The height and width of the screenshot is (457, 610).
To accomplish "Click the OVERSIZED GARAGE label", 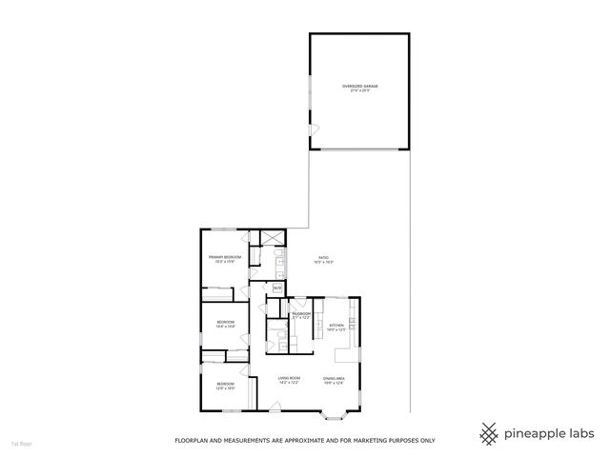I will (x=360, y=87).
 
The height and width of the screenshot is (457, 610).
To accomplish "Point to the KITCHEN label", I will (x=336, y=326).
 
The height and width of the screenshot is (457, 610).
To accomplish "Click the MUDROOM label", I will (x=302, y=313).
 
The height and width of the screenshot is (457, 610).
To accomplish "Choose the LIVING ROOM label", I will (x=290, y=378).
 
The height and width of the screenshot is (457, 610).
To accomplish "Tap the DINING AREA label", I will (x=333, y=378).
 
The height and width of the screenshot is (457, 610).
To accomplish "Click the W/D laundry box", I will (x=277, y=288).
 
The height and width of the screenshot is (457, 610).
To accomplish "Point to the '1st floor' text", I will (x=20, y=444).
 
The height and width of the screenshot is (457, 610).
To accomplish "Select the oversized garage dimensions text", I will (x=360, y=91).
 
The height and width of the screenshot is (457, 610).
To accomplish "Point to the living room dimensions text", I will (x=290, y=383).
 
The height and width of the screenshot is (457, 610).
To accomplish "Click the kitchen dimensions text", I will (x=336, y=330).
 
